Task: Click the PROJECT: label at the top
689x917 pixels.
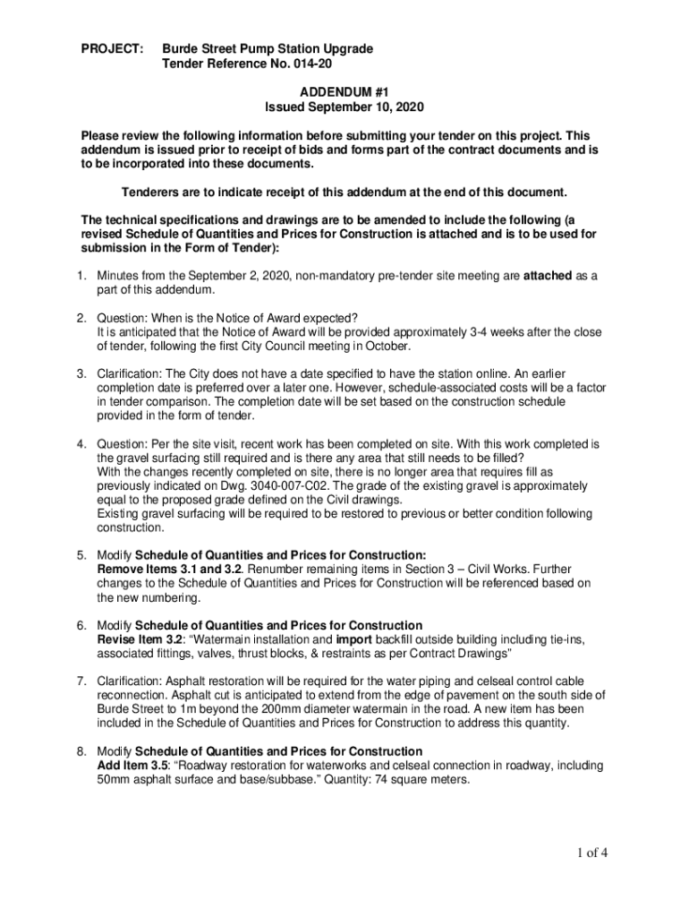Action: click(112, 47)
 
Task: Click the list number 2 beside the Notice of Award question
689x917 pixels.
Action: click(82, 318)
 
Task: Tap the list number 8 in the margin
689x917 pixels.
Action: click(82, 751)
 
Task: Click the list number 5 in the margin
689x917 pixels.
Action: click(82, 555)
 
